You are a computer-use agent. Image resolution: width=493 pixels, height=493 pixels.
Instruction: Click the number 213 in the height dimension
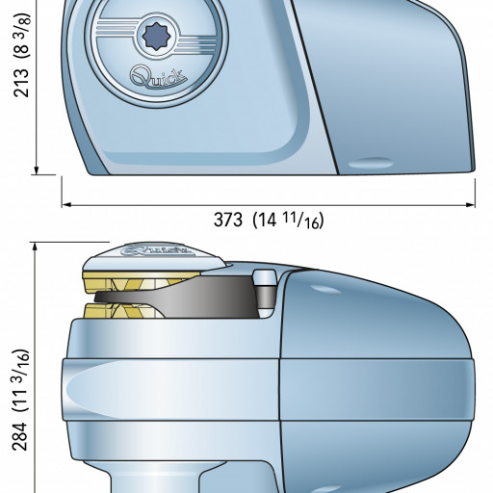(x=22, y=83)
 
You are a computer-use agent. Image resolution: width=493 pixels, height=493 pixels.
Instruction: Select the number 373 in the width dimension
(x=228, y=221)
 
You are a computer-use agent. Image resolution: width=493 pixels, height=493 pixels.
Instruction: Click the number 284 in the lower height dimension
(x=20, y=436)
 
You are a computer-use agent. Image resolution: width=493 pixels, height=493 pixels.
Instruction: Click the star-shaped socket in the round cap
(x=156, y=37)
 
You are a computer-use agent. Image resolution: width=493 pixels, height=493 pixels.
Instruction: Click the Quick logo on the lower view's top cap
(x=158, y=250)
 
